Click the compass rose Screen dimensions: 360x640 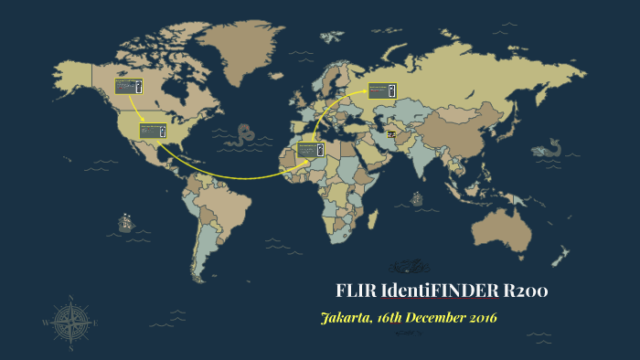pos(67,321)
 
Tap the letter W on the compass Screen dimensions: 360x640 pos(46,322)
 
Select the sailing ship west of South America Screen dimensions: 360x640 pos(124,222)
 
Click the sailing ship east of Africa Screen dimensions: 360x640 pos(417,197)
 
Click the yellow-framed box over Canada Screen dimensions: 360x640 pos(129,88)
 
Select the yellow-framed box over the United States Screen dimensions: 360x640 pos(152,131)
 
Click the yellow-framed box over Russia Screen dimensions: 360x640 pos(381,90)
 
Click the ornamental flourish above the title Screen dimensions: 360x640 pos(408,266)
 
